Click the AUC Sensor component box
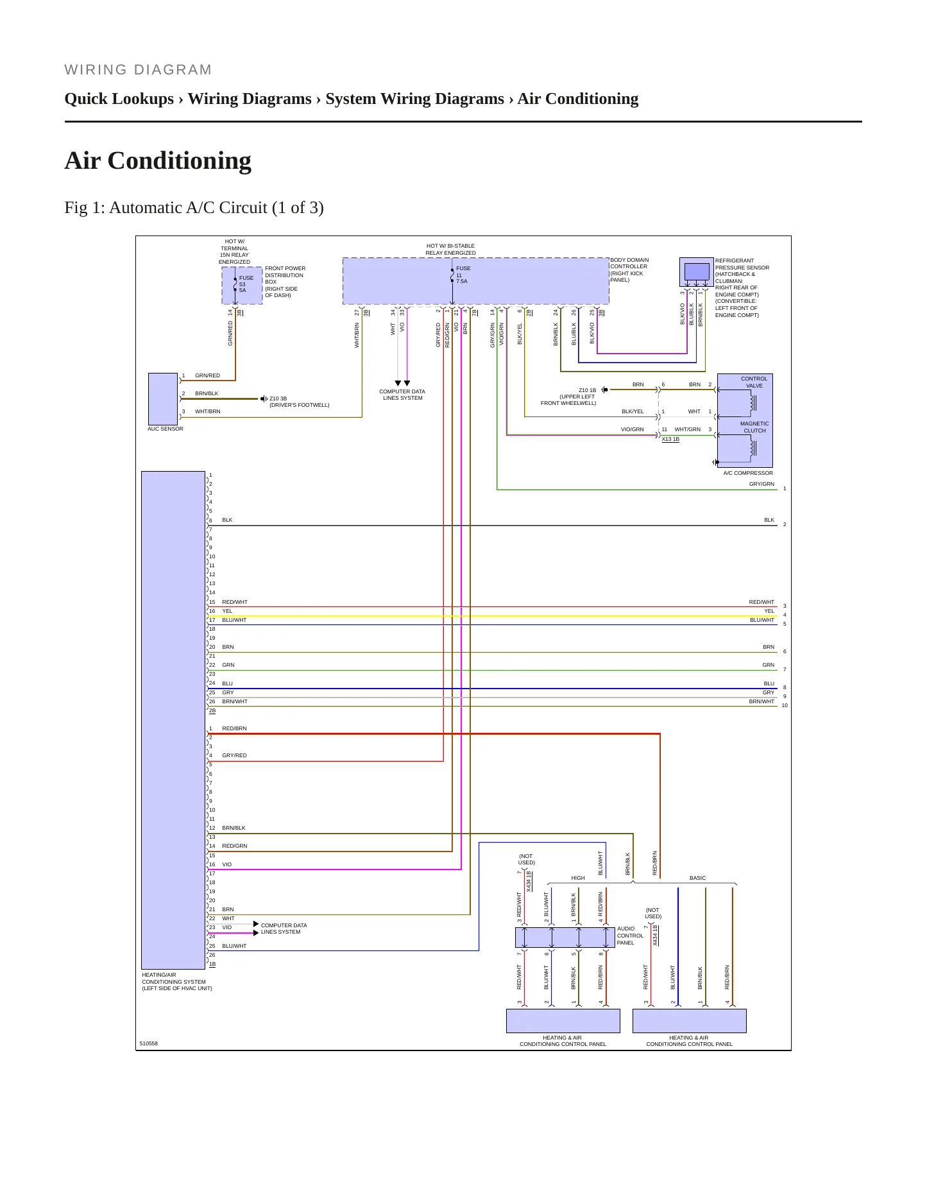(x=163, y=399)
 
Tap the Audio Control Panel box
(x=565, y=937)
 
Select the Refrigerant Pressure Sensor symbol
(x=697, y=272)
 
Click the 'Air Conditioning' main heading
(x=158, y=160)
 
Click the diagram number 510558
(x=149, y=1043)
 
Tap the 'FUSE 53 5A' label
(x=246, y=284)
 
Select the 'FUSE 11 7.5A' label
(x=463, y=275)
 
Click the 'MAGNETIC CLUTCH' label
(x=754, y=427)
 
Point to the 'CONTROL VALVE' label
(x=754, y=382)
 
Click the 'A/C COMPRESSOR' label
(x=748, y=473)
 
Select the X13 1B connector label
(x=670, y=439)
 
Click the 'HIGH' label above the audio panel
(x=578, y=878)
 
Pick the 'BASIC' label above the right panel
(x=697, y=878)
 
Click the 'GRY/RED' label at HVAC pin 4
(x=234, y=755)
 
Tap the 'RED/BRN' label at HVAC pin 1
(x=234, y=728)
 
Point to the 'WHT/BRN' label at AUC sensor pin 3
(x=207, y=411)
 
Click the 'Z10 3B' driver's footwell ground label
(x=278, y=399)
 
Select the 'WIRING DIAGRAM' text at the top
(x=138, y=70)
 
